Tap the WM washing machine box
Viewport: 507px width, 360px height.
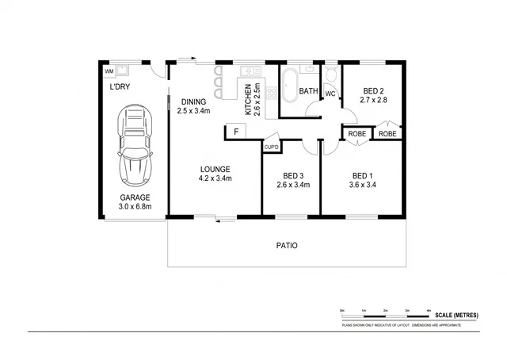coord(109,71)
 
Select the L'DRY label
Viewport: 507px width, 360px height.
coord(120,88)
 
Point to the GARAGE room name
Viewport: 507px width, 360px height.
coord(135,197)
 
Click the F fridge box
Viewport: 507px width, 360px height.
coord(234,132)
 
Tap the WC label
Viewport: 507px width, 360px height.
coord(330,94)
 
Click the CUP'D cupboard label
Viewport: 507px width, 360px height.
coord(271,147)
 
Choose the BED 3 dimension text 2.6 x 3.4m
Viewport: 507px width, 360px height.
coord(293,185)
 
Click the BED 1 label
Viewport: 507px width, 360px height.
coord(362,175)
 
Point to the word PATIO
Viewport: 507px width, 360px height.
coord(287,246)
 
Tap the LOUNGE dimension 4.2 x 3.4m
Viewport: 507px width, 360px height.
coord(215,178)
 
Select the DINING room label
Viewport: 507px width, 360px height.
coord(194,101)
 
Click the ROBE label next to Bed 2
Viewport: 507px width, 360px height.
coord(387,134)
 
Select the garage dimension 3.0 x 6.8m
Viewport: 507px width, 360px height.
coord(135,207)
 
